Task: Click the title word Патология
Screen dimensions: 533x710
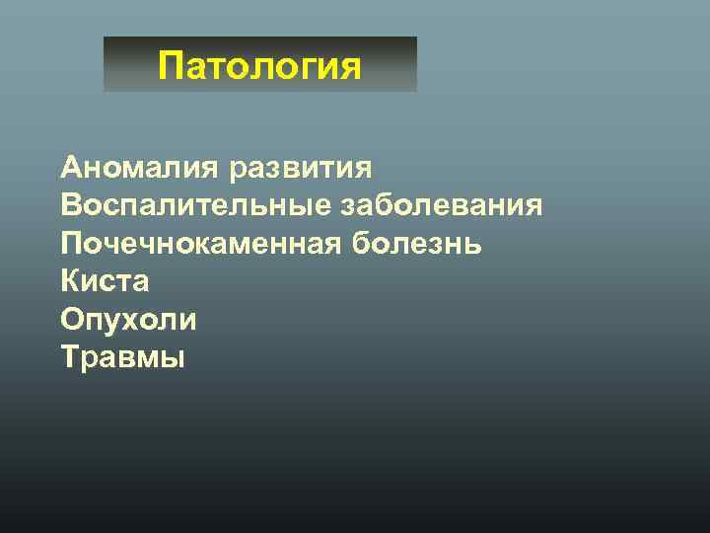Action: [259, 67]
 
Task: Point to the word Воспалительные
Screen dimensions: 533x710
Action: [197, 206]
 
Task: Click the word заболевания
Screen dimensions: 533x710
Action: [442, 206]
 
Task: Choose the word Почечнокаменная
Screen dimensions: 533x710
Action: [202, 244]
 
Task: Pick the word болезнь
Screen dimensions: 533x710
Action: [416, 244]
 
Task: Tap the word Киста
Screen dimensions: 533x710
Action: [105, 281]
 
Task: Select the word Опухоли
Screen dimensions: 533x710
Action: [128, 319]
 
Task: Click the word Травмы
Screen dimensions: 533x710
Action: [122, 356]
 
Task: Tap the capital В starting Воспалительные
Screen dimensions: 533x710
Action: [70, 206]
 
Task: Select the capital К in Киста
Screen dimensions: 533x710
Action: [70, 281]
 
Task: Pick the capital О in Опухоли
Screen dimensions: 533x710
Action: [72, 319]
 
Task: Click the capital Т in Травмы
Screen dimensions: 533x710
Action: [70, 356]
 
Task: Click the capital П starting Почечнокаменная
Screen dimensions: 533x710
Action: [71, 244]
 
